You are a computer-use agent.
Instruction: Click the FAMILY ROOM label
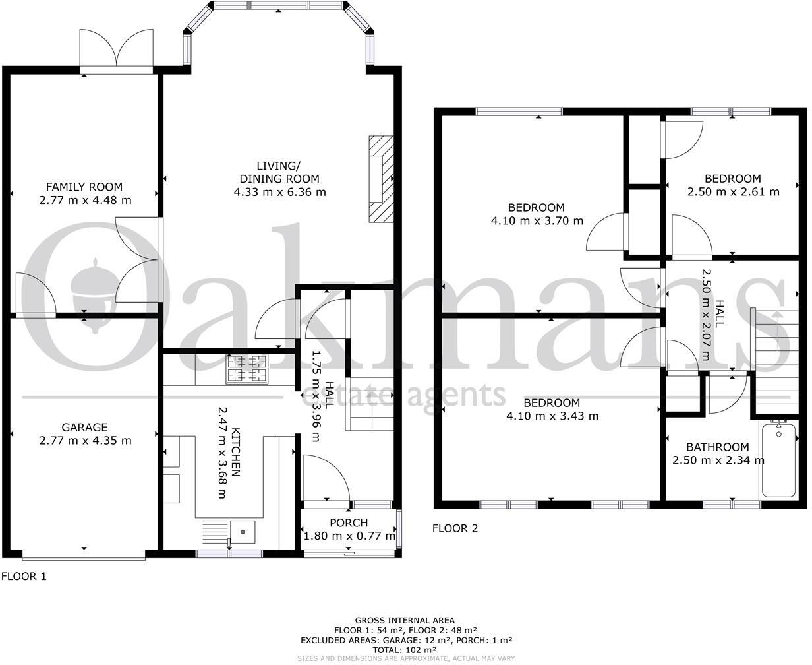84,187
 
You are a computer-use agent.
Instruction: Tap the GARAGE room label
84,427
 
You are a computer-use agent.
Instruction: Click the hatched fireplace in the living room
380,178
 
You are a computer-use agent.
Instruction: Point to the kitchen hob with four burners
247,369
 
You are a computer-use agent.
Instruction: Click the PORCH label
349,523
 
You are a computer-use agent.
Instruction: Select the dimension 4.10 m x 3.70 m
537,221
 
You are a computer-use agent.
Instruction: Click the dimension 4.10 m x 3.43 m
552,416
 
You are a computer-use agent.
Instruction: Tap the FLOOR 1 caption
24,576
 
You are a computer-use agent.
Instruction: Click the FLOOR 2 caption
455,528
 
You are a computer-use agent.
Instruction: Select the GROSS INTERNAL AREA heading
405,620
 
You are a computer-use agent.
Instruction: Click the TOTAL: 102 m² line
406,649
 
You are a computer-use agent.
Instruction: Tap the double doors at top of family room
117,49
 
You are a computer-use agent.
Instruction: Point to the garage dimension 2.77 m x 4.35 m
84,441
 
